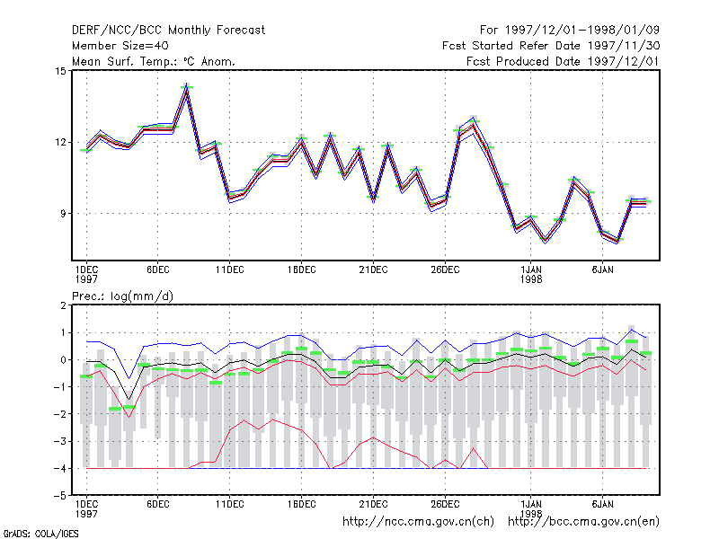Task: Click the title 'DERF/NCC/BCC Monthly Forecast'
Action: pyautogui.click(x=168, y=31)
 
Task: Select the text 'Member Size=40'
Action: pyautogui.click(x=120, y=46)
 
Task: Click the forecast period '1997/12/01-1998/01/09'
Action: pyautogui.click(x=582, y=31)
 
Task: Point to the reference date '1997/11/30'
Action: pyautogui.click(x=624, y=46)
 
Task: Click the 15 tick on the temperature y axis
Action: pyautogui.click(x=60, y=71)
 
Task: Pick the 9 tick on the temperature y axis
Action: pyautogui.click(x=63, y=214)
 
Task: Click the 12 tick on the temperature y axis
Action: pyautogui.click(x=60, y=143)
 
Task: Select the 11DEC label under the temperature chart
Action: pyautogui.click(x=230, y=270)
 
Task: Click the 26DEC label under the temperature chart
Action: pyautogui.click(x=445, y=270)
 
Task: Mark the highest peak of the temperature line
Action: pyautogui.click(x=187, y=88)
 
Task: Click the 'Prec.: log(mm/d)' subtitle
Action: pyautogui.click(x=123, y=296)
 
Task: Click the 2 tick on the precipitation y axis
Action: pyautogui.click(x=63, y=305)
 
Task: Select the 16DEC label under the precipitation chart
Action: pyautogui.click(x=302, y=504)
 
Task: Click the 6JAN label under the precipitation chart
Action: pyautogui.click(x=602, y=504)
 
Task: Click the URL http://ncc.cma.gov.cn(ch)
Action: pyautogui.click(x=418, y=522)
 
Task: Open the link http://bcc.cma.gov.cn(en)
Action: pyautogui.click(x=583, y=522)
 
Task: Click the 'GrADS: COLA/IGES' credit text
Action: pyautogui.click(x=40, y=534)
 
